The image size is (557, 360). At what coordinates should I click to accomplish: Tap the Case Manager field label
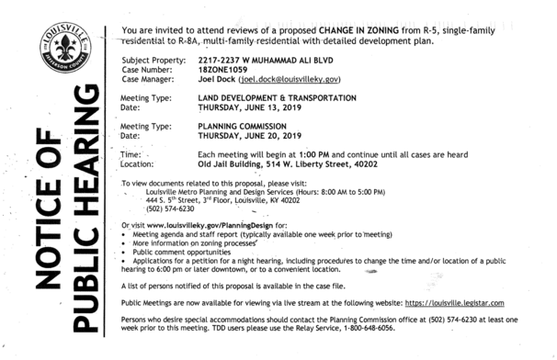(x=146, y=80)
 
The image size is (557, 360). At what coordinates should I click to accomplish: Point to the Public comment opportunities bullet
(x=187, y=251)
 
